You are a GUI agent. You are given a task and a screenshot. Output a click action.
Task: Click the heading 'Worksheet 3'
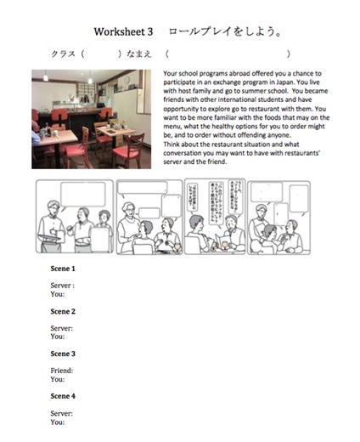[124, 31]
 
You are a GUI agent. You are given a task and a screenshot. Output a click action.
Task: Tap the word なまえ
[136, 54]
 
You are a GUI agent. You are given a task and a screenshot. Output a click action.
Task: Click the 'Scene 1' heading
[62, 269]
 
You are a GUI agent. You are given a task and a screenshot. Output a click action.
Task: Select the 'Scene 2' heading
[62, 312]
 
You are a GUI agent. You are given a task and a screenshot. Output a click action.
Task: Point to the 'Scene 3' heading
[62, 354]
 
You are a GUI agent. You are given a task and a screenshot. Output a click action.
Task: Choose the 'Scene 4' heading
[62, 396]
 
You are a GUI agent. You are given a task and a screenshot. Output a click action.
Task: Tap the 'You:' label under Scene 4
[58, 422]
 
